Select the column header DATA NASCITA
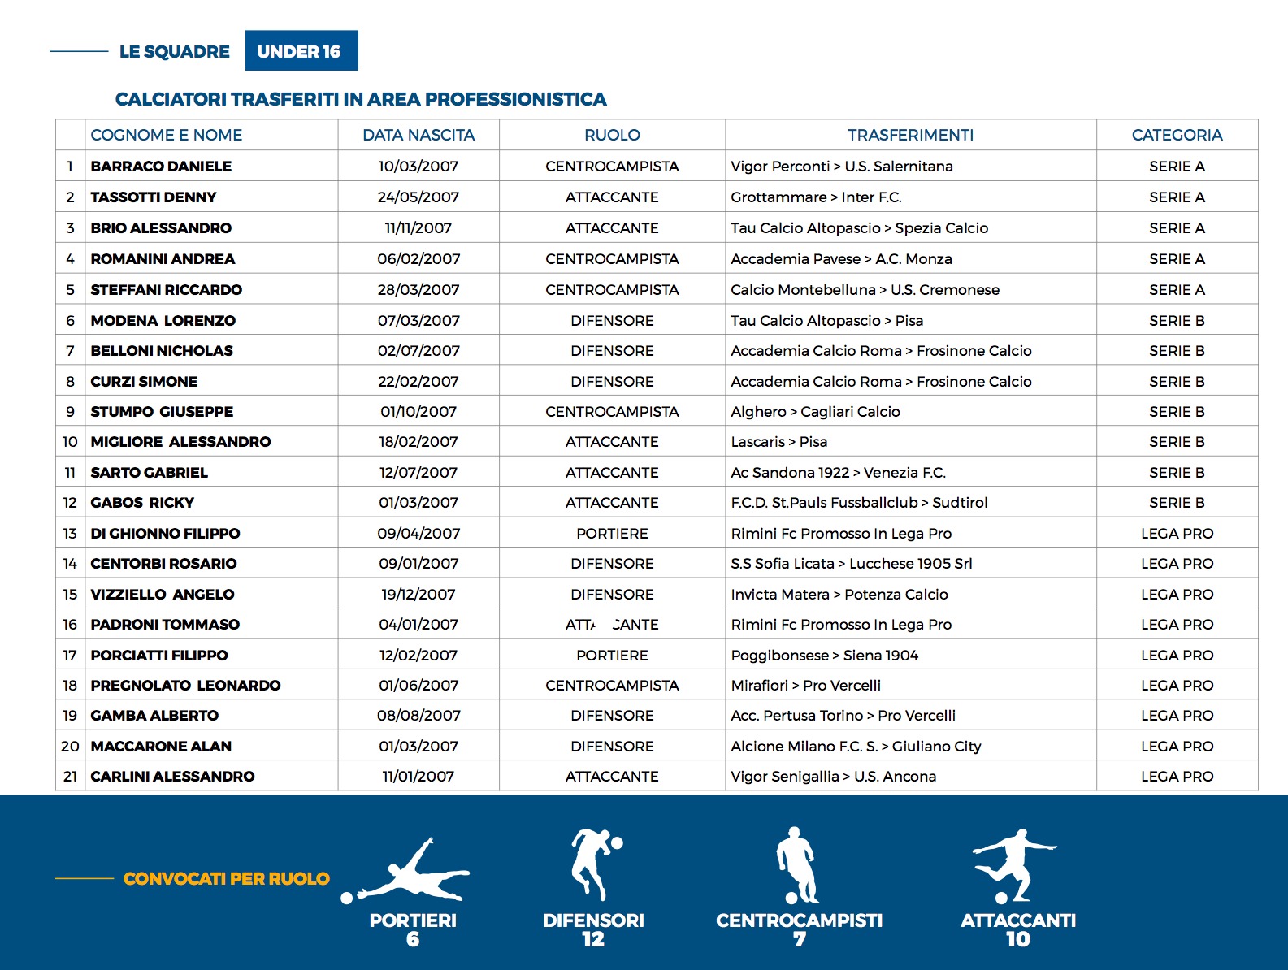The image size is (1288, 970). pyautogui.click(x=418, y=135)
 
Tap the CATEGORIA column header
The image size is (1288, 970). pyautogui.click(x=1177, y=135)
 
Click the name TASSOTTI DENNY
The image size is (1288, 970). pyautogui.click(x=154, y=197)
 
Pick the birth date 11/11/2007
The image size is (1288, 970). pyautogui.click(x=418, y=228)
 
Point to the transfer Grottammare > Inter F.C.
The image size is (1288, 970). pyautogui.click(x=816, y=197)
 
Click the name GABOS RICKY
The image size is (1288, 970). pyautogui.click(x=142, y=503)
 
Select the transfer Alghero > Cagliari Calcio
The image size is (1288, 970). pyautogui.click(x=815, y=412)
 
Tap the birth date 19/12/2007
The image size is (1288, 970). pyautogui.click(x=418, y=595)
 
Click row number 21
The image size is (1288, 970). pyautogui.click(x=70, y=777)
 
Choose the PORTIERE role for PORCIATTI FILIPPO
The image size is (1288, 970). pyautogui.click(x=612, y=656)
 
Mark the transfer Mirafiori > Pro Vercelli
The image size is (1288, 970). pyautogui.click(x=805, y=686)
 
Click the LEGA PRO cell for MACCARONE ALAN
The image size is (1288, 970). pyautogui.click(x=1177, y=747)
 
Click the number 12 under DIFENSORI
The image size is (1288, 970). pyautogui.click(x=593, y=940)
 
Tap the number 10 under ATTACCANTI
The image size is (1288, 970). pyautogui.click(x=1017, y=940)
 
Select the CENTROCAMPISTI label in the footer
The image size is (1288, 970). pyautogui.click(x=799, y=920)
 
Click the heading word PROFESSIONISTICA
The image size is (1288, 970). pyautogui.click(x=516, y=99)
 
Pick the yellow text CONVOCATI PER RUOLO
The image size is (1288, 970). pyautogui.click(x=226, y=878)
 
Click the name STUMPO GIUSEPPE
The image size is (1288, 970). pyautogui.click(x=162, y=412)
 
